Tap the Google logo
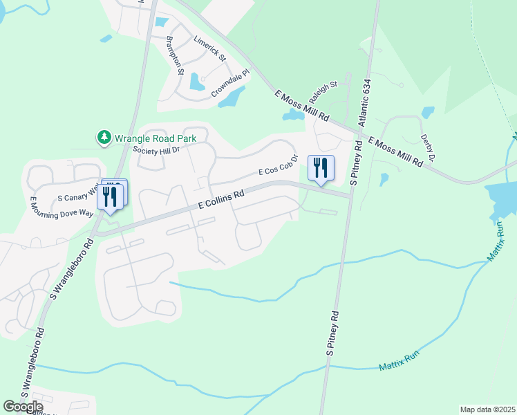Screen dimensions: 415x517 23,407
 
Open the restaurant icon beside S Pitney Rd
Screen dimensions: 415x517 321,168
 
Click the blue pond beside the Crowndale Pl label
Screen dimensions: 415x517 232,98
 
